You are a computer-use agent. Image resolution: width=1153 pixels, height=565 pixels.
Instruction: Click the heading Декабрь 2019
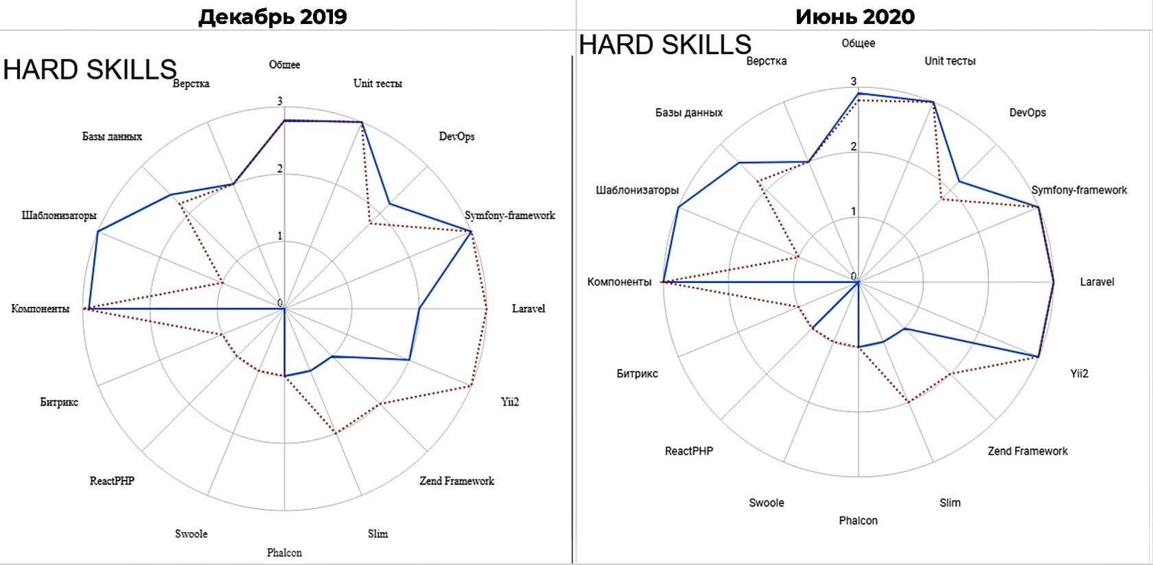pos(272,16)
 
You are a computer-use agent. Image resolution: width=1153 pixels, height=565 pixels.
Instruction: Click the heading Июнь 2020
pos(855,16)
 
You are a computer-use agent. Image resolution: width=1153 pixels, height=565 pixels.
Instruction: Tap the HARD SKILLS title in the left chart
pos(90,70)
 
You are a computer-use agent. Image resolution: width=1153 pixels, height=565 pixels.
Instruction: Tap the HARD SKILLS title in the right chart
pos(665,45)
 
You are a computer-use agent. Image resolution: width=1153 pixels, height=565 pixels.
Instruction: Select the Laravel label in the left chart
pos(528,309)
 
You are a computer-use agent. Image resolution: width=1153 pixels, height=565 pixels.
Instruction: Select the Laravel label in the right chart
pos(1097,282)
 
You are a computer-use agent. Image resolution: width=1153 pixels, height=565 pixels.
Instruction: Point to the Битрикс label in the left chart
pos(59,402)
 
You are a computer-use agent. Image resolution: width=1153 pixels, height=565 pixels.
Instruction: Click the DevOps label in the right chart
pos(1027,113)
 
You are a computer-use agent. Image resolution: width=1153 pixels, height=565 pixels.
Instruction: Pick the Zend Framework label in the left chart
pos(456,481)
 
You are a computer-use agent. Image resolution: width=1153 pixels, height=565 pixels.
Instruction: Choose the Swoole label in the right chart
pos(766,503)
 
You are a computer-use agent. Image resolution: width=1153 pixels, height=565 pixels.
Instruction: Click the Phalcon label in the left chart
pos(284,553)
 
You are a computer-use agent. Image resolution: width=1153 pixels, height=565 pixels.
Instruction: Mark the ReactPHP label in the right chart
pos(688,451)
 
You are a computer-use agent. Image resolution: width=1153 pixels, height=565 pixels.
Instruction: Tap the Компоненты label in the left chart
pos(40,309)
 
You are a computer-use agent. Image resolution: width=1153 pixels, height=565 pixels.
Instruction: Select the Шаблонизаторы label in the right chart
pos(637,190)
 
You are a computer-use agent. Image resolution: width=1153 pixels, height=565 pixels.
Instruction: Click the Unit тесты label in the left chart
pos(377,84)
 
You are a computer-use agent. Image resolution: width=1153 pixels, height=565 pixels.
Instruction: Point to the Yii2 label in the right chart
pos(1079,373)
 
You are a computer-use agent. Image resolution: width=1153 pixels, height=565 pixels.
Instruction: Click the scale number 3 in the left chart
pos(279,102)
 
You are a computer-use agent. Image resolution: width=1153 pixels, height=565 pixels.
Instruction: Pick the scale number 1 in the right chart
pos(853,211)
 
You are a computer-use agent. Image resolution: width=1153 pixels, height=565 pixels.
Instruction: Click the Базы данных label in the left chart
pos(112,137)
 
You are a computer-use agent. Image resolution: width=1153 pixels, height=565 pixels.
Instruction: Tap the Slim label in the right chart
pos(950,503)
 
